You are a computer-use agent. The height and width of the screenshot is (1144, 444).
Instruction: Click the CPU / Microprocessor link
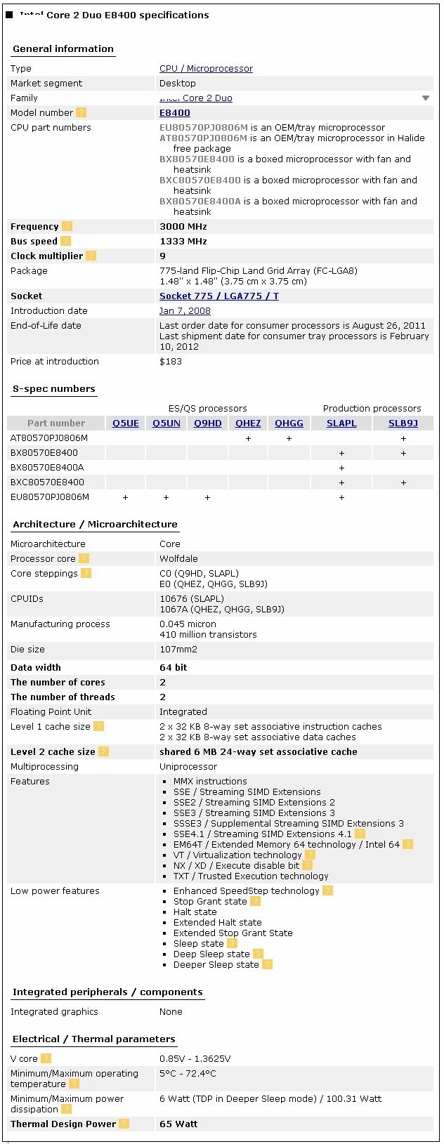(x=206, y=69)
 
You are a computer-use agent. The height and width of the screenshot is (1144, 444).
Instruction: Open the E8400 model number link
(x=175, y=113)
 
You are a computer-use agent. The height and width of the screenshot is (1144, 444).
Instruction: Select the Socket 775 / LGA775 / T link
(x=219, y=296)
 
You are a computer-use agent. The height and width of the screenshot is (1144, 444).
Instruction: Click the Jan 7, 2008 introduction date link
(x=185, y=311)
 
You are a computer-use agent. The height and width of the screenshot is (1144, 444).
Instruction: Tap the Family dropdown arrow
(x=425, y=98)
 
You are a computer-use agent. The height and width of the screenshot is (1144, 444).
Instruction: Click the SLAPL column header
(x=341, y=423)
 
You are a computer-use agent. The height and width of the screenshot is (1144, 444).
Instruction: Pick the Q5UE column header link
(x=126, y=423)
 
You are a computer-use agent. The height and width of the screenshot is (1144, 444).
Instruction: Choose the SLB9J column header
(x=403, y=423)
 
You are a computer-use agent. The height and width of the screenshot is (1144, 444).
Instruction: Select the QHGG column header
(x=289, y=423)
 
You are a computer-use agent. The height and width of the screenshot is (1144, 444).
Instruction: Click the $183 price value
(x=171, y=362)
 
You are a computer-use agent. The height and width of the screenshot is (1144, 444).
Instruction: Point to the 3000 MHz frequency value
(x=183, y=227)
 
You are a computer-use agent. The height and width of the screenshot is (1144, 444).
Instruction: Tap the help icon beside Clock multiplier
(x=91, y=256)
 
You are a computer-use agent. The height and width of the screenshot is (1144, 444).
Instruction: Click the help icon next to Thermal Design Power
(x=124, y=1124)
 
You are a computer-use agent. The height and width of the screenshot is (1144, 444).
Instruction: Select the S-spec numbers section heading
(x=54, y=389)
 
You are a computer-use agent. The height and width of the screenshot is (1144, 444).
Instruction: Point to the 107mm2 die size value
(x=178, y=650)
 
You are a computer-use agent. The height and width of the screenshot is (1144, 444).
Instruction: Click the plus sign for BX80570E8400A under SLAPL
(x=341, y=468)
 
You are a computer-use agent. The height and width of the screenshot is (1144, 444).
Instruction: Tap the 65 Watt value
(x=178, y=1124)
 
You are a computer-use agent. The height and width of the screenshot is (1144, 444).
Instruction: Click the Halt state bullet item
(x=195, y=912)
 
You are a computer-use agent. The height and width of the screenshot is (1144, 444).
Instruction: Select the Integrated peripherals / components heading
(x=107, y=992)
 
